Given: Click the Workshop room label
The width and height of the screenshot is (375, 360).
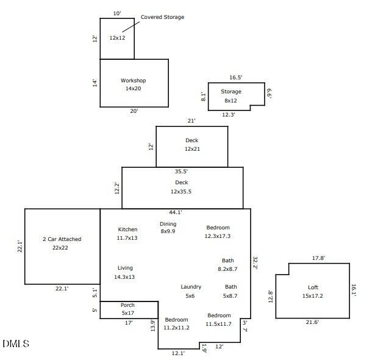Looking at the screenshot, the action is (x=133, y=81).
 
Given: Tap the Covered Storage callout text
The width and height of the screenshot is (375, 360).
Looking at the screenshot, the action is (x=162, y=17).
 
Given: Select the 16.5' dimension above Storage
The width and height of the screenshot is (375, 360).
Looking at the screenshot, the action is (x=236, y=77).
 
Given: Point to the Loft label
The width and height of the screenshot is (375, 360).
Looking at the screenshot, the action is (x=313, y=287).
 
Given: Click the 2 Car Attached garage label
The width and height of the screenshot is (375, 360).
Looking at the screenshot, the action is (x=62, y=239).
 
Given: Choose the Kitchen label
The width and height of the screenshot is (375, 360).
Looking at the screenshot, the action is (x=127, y=229).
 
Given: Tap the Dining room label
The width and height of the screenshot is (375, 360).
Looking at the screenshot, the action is (x=168, y=224).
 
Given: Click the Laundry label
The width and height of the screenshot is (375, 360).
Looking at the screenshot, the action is (x=191, y=287).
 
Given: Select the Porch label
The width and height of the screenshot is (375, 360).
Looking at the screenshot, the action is (x=127, y=305).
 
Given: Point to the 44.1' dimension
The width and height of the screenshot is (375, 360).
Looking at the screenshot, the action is (x=176, y=212).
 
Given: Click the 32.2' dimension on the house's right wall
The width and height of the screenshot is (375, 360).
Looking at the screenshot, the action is (x=255, y=263).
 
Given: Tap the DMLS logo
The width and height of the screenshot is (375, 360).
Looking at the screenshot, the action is (x=16, y=344).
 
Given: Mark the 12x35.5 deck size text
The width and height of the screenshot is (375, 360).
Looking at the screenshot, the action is (x=181, y=192).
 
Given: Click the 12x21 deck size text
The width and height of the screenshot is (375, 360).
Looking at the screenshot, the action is (x=192, y=149).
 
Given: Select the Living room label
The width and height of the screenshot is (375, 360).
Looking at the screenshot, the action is (x=125, y=268).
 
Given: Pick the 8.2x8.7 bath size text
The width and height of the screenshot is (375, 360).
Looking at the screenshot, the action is (x=227, y=269).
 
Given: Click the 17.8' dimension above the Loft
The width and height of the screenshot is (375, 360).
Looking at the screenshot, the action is (x=318, y=258).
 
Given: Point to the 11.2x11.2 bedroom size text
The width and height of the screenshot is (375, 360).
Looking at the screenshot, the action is (x=176, y=328).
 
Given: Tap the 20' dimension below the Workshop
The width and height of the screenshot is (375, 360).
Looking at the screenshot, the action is (x=134, y=111).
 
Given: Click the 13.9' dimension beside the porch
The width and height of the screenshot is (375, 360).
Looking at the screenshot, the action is (x=153, y=326).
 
